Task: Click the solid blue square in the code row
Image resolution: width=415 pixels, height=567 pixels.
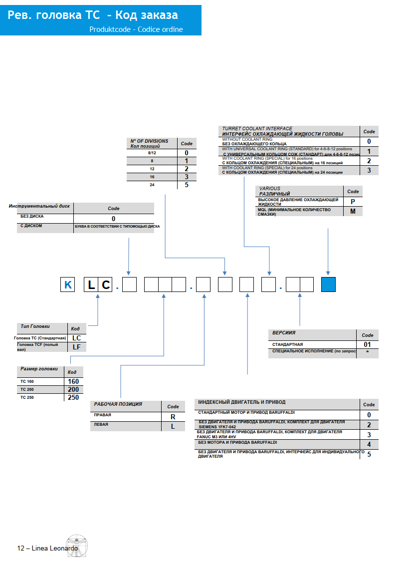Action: point(328,284)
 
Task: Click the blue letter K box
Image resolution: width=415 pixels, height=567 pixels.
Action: point(68,285)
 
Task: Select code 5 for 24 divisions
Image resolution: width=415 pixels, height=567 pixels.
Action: point(187,185)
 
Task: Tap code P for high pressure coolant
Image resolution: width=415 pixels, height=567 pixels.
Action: point(353,201)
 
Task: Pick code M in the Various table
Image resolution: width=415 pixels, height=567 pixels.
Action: point(353,211)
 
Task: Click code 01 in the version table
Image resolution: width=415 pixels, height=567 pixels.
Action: point(367,344)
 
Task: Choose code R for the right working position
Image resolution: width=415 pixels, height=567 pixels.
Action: point(173,417)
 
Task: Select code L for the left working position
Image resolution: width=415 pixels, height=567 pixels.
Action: point(173,427)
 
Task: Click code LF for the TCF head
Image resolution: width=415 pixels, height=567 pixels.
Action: point(76,347)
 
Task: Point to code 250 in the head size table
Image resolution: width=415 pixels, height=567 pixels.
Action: point(73,398)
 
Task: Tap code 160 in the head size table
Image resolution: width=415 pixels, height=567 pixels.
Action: point(73,381)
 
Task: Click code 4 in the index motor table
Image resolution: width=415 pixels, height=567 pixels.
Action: point(369,444)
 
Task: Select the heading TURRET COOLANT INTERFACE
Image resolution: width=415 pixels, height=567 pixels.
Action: point(257,129)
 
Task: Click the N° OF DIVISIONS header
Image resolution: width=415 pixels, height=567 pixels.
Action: point(149,141)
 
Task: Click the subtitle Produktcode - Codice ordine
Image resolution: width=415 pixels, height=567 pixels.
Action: point(136,29)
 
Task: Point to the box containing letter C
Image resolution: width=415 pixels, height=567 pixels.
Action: point(105,285)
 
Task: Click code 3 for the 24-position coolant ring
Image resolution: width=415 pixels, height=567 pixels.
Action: point(369,171)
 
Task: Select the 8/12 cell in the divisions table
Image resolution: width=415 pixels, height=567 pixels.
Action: point(152,153)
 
